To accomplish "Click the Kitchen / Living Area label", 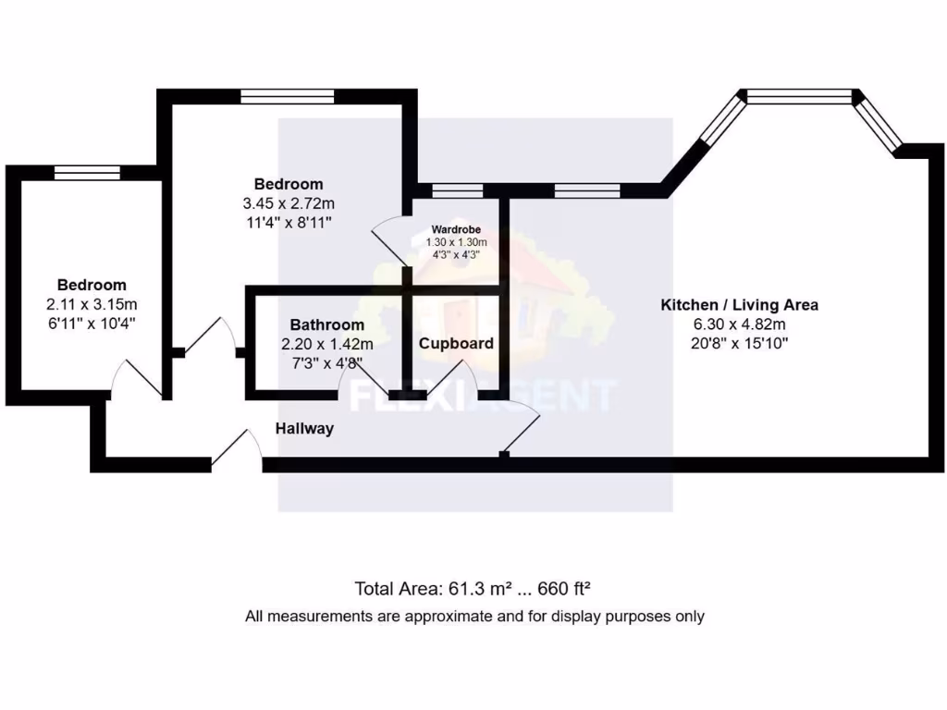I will coord(738,304).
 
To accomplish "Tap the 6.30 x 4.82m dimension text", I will coord(738,324).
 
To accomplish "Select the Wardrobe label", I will coord(456,229).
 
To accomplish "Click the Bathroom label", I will coord(326,324).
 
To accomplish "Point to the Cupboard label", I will coord(456,343).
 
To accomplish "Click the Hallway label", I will coord(304,429).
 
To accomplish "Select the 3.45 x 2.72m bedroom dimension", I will coord(289,203).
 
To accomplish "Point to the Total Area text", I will coord(473,588).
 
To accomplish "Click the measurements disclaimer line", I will coord(473,616).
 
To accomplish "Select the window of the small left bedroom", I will coord(86,172).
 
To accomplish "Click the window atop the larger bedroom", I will coord(287,96).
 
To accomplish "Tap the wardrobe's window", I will coord(457,190).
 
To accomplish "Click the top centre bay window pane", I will coord(799,96).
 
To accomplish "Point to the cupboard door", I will coord(460,379).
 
